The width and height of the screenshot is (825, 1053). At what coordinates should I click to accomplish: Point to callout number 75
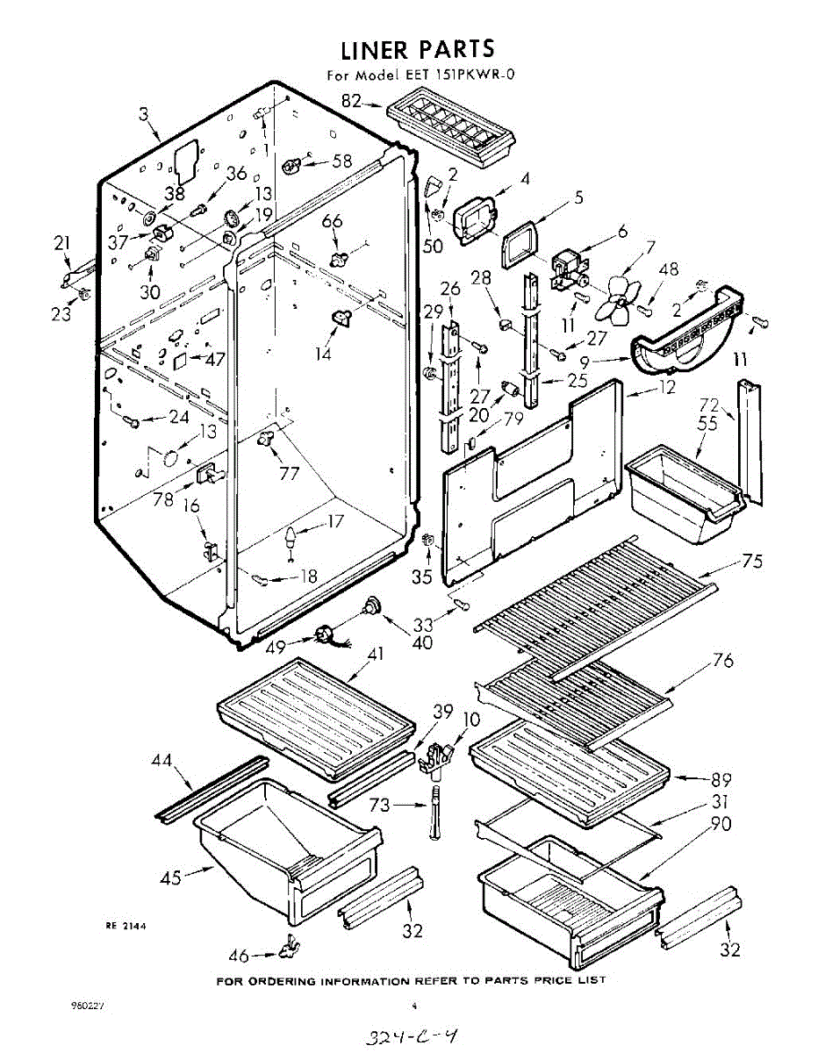pos(752,562)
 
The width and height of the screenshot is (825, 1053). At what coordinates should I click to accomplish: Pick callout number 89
pos(721,779)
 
